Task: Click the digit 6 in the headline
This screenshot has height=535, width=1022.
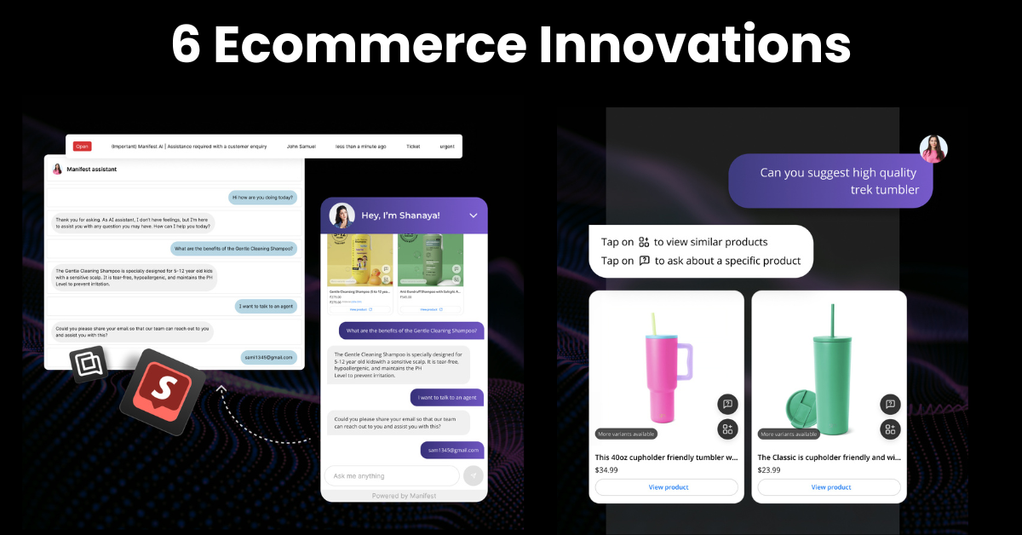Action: tap(186, 45)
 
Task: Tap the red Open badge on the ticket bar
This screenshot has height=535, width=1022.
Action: tap(82, 147)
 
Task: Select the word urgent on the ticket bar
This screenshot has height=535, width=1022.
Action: tap(446, 147)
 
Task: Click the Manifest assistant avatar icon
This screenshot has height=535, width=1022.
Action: tap(58, 169)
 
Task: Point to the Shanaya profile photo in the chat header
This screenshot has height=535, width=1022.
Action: tap(342, 216)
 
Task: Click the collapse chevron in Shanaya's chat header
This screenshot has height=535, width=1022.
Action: tap(474, 216)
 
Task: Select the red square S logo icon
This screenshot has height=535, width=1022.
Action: tap(162, 392)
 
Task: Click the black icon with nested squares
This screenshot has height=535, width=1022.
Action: tap(89, 365)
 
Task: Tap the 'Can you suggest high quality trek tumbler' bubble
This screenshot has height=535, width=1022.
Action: tap(830, 181)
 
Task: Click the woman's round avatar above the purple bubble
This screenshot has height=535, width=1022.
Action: tap(933, 149)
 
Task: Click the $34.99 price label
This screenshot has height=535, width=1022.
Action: tap(606, 469)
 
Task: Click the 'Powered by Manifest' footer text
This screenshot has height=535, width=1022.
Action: tap(404, 496)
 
